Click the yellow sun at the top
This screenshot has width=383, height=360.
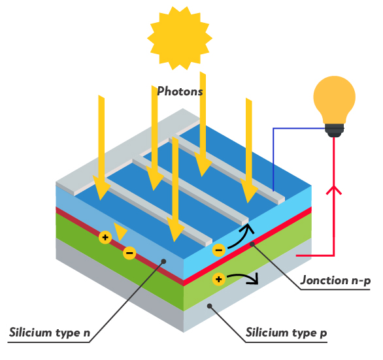(180, 39)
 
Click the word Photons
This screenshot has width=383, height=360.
(180, 91)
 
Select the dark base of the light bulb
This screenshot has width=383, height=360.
(335, 131)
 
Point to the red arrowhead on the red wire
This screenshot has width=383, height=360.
(334, 190)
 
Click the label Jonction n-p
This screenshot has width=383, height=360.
(335, 280)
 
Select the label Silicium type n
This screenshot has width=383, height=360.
(50, 333)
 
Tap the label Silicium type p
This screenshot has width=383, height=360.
(286, 333)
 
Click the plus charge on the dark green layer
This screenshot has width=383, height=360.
(105, 237)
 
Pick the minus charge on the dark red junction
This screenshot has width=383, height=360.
(129, 253)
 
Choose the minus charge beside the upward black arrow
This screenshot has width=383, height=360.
(218, 250)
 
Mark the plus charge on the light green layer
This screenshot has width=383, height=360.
(218, 279)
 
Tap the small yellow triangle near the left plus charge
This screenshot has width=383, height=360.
(120, 231)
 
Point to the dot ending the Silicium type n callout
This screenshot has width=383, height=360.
(163, 261)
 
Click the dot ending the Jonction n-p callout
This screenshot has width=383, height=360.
(252, 244)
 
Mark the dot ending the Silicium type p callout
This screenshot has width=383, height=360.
(209, 306)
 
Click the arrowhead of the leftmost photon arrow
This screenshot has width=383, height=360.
(101, 188)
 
